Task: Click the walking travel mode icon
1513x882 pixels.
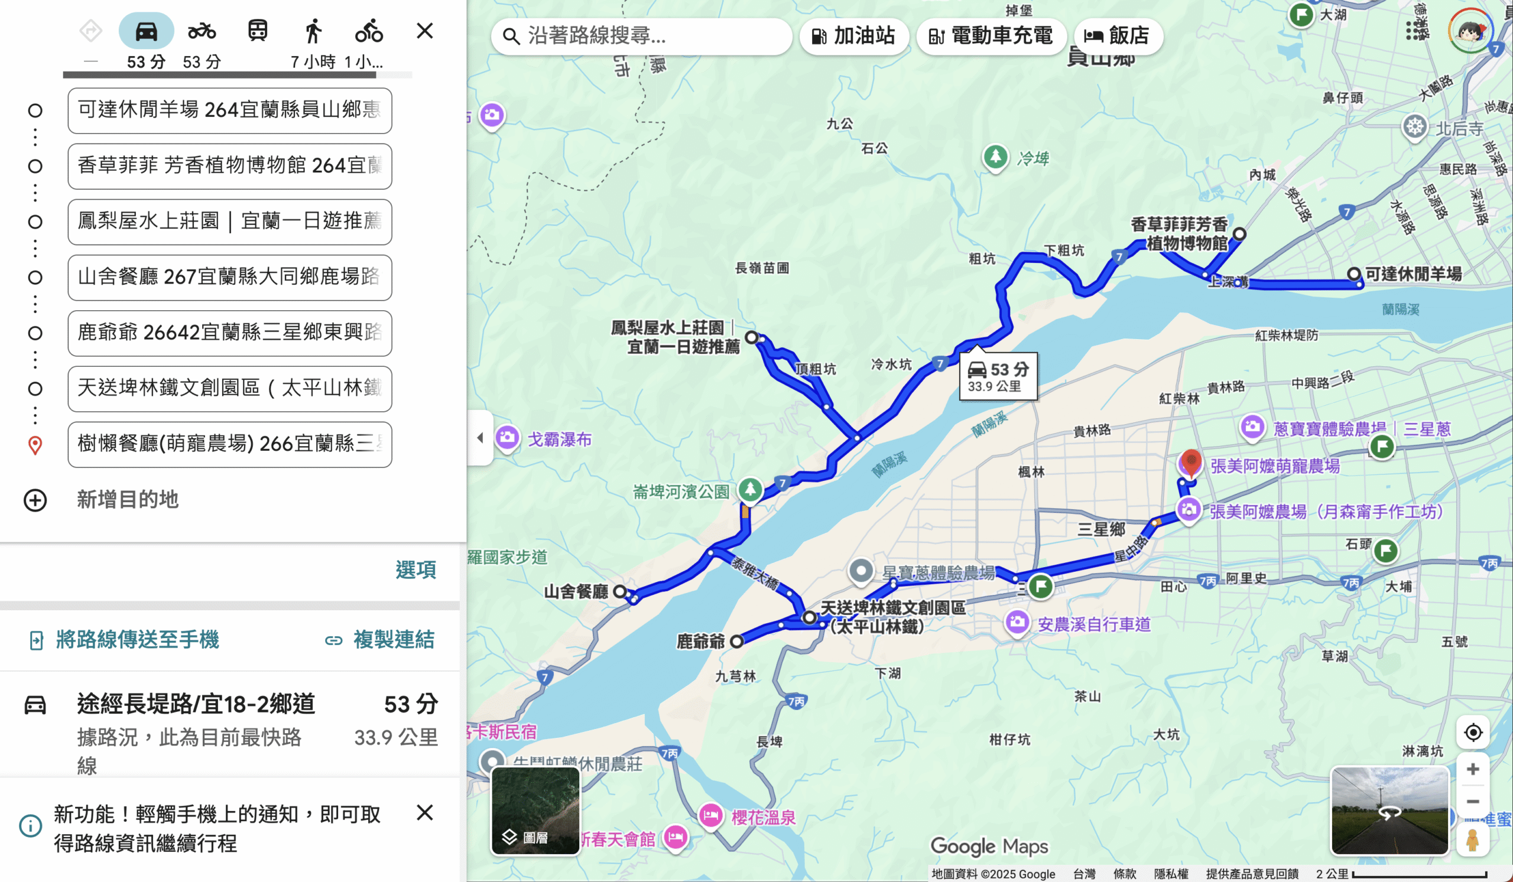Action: click(x=313, y=31)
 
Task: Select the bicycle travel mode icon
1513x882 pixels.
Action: click(x=369, y=31)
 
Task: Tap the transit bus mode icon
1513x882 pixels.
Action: click(x=258, y=31)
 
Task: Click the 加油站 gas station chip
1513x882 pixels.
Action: click(x=853, y=37)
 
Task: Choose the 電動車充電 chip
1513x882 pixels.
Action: click(x=991, y=37)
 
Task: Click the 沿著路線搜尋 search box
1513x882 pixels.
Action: click(x=641, y=37)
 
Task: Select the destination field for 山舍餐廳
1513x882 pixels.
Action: click(x=229, y=277)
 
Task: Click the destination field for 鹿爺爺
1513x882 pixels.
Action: click(x=229, y=333)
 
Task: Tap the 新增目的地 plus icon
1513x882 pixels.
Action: click(x=35, y=500)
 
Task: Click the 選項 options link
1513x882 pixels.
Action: click(x=415, y=569)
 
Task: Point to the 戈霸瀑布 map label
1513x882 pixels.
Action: click(x=559, y=440)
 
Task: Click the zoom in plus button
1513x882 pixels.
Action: click(x=1473, y=769)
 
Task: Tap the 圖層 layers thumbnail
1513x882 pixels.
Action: click(x=535, y=811)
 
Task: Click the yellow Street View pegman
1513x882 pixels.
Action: click(x=1472, y=839)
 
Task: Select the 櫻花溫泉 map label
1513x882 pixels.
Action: click(x=763, y=817)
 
